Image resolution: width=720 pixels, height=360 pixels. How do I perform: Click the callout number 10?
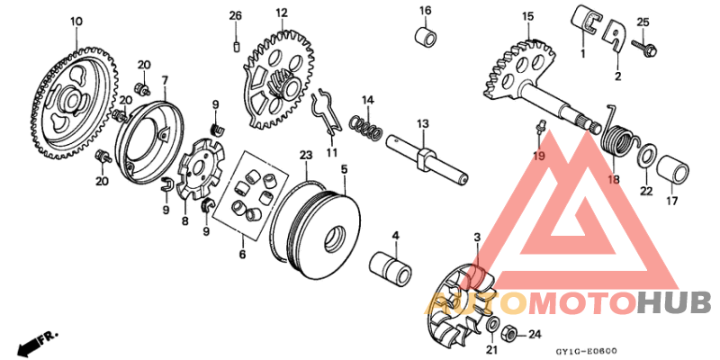pos(76,20)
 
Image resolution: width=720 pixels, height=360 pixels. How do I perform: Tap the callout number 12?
pos(282,13)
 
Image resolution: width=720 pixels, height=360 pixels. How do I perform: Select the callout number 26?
pos(236,16)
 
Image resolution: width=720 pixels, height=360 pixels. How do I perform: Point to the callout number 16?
pos(425,10)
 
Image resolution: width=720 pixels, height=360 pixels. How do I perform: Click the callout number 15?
pos(528,16)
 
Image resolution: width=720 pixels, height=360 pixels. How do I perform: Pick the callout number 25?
pos(643,22)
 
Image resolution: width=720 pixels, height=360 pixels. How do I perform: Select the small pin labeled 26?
pos(236,44)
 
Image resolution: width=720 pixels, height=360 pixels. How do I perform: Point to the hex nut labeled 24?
pos(508,334)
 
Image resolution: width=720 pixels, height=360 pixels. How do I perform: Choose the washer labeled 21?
pos(494,325)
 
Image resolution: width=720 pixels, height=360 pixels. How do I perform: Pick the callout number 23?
pos(305,156)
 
